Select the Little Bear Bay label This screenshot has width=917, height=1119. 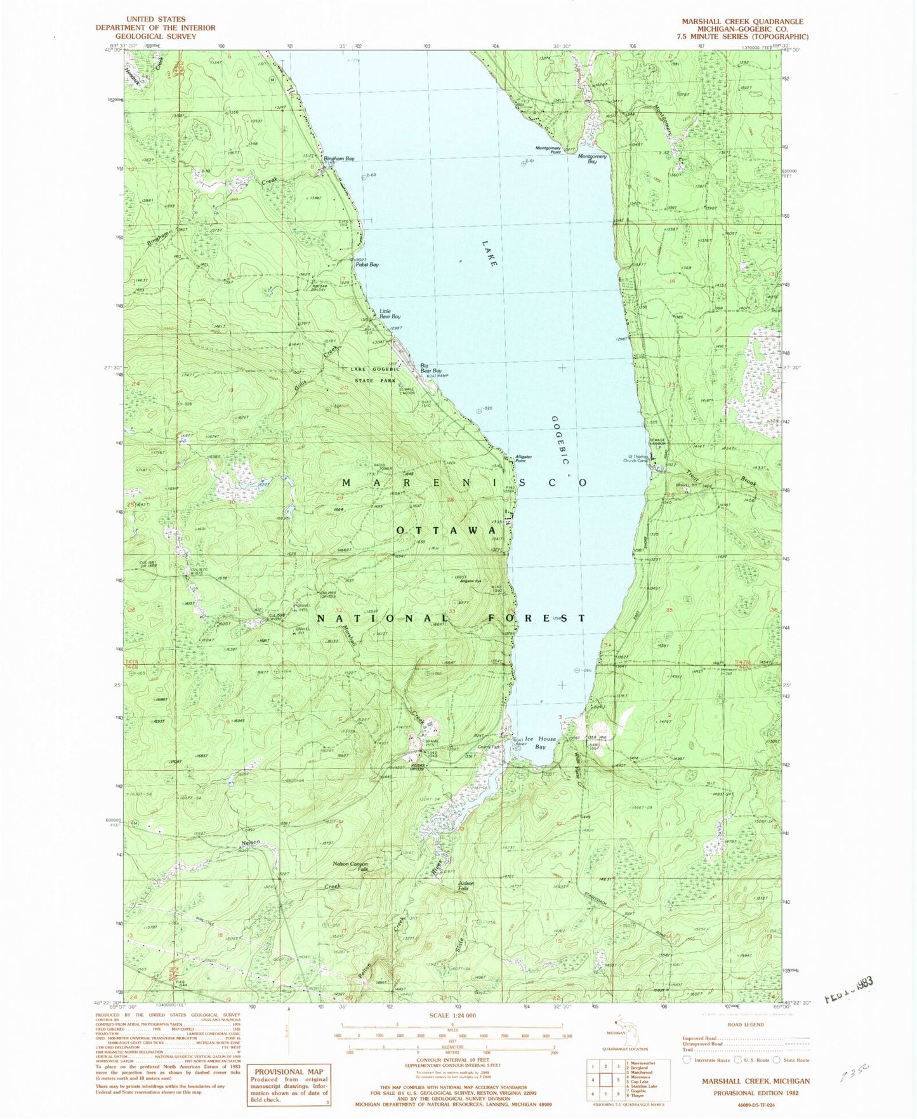(x=390, y=314)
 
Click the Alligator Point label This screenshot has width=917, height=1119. (x=524, y=459)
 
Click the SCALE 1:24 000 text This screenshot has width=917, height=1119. (x=447, y=1015)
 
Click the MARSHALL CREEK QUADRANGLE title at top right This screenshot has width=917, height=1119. (x=742, y=21)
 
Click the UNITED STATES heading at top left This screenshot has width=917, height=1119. (x=155, y=20)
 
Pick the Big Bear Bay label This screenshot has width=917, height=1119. (x=431, y=368)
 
